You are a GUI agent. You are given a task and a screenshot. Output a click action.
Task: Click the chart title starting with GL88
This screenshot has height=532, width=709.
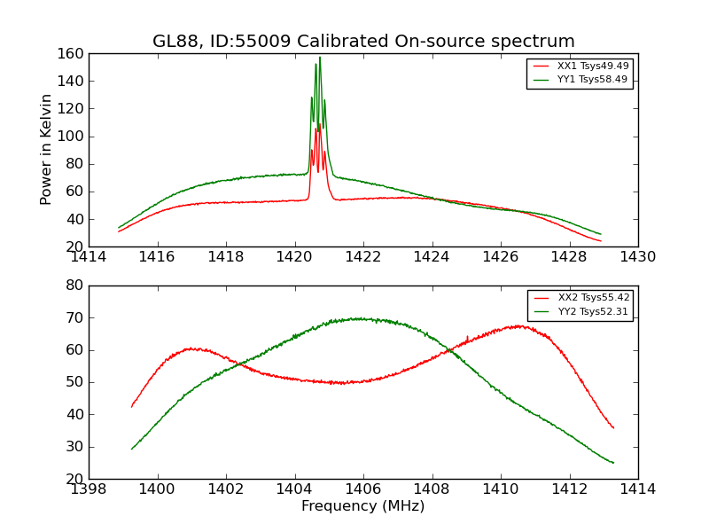click(x=363, y=42)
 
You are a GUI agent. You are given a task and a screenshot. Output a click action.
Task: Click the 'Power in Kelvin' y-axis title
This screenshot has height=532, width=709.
click(x=46, y=150)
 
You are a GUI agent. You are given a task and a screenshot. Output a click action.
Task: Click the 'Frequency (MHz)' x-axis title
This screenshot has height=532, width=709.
click(x=363, y=506)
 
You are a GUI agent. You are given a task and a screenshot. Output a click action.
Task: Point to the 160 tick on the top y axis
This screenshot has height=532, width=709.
click(x=72, y=54)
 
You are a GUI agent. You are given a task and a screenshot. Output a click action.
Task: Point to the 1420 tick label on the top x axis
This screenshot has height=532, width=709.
click(x=294, y=257)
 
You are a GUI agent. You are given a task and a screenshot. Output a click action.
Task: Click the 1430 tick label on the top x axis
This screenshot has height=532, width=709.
click(x=637, y=257)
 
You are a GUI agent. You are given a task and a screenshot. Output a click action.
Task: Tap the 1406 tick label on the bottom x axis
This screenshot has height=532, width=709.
click(x=363, y=489)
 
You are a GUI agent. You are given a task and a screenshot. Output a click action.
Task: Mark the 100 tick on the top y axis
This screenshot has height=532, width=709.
click(x=72, y=137)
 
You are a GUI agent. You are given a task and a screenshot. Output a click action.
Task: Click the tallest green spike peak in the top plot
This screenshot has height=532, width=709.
click(x=320, y=59)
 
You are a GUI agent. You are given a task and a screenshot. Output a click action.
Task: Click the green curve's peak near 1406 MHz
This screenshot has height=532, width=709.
click(x=360, y=318)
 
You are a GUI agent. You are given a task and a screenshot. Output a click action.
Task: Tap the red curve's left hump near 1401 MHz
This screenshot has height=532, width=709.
click(x=190, y=348)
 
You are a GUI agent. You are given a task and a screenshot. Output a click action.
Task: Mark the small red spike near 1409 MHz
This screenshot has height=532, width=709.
click(x=467, y=337)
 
